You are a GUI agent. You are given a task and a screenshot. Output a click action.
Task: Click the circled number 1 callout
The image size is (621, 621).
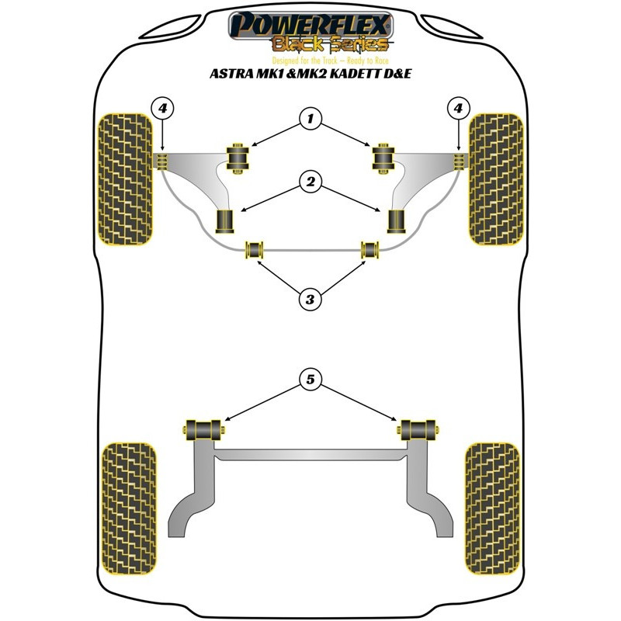click(310, 119)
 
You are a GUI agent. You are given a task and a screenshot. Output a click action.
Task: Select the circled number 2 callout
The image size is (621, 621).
click(310, 182)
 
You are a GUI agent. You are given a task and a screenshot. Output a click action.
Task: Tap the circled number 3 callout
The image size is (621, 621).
click(310, 300)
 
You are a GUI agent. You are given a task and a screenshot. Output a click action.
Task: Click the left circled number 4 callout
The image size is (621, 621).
click(162, 108)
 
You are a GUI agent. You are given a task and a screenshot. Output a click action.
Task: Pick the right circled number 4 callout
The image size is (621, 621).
click(458, 108)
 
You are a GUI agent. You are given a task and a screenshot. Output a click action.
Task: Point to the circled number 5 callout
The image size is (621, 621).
click(310, 380)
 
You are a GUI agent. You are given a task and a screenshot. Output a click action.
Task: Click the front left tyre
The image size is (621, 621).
click(125, 179)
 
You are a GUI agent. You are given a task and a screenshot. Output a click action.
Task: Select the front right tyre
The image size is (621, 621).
click(496, 179)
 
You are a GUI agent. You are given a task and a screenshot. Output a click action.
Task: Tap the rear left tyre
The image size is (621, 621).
click(129, 508)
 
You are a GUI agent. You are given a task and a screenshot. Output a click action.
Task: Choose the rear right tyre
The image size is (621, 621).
click(492, 508)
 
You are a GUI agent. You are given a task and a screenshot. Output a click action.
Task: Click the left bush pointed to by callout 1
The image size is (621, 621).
click(238, 158)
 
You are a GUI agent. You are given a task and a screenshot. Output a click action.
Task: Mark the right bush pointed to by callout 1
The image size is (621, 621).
click(383, 158)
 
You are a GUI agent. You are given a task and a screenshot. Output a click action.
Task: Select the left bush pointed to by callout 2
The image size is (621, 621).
click(224, 221)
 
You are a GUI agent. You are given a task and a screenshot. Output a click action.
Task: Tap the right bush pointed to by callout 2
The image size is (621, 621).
click(396, 221)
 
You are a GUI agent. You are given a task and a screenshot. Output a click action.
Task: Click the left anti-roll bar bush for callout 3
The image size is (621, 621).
click(255, 250)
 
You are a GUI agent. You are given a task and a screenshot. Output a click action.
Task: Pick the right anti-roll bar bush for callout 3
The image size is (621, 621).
click(370, 250)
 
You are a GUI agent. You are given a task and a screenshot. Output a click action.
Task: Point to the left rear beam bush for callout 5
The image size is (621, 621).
click(203, 430)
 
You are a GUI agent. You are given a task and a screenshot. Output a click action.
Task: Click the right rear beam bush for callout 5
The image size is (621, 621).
click(418, 430)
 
